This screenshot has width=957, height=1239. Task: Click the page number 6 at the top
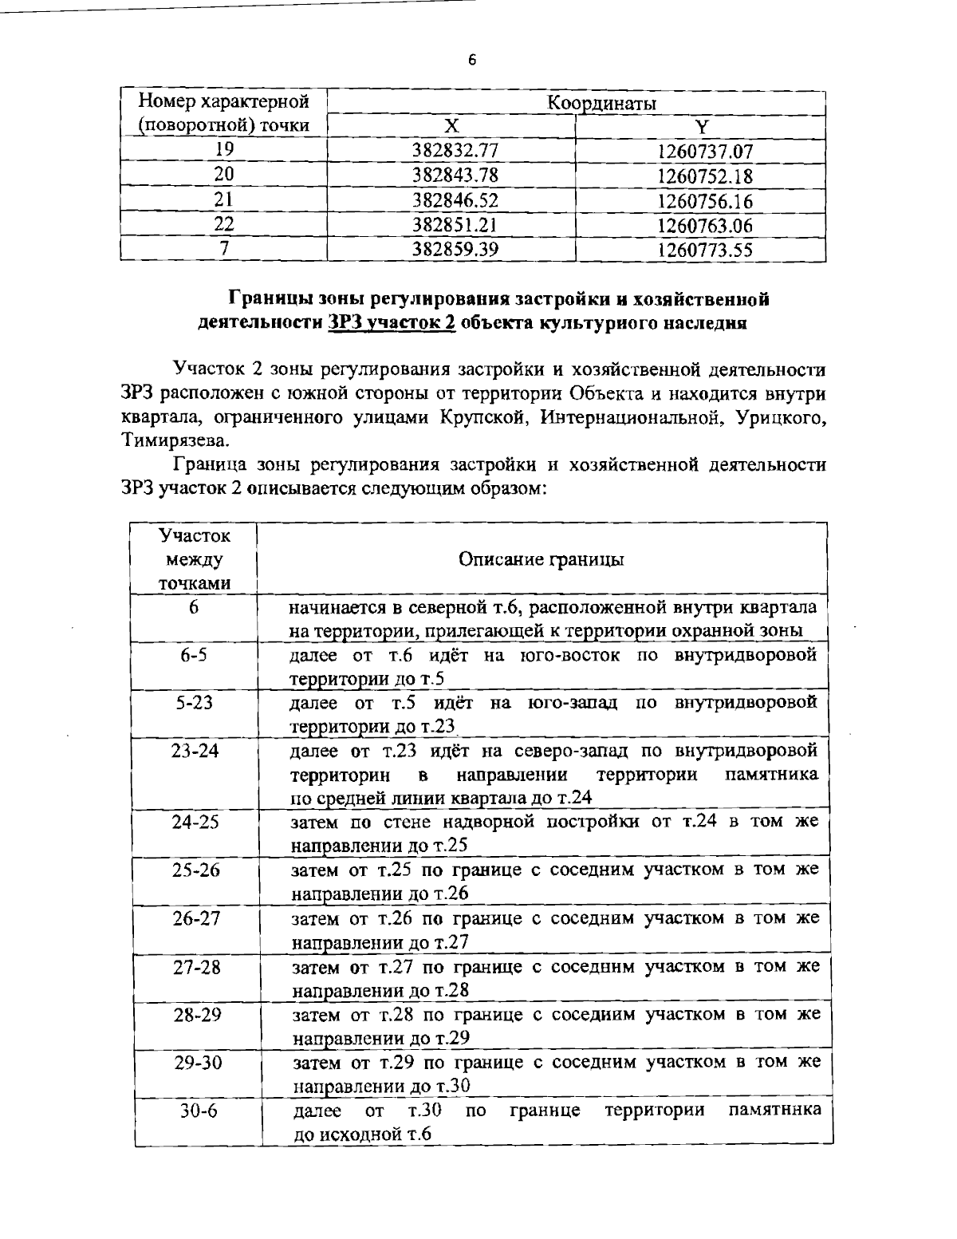472,61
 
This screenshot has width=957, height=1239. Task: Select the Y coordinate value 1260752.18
705,176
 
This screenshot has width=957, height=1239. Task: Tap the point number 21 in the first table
223,200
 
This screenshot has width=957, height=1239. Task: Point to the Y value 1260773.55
705,251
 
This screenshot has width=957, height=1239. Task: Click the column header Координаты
601,104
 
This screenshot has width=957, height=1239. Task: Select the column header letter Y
700,127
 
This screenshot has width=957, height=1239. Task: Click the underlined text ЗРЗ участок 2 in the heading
392,324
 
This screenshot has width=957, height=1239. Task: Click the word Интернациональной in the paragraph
628,416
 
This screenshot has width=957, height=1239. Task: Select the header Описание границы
542,559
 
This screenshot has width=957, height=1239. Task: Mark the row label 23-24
195,751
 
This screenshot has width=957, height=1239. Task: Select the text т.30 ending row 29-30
452,1086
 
